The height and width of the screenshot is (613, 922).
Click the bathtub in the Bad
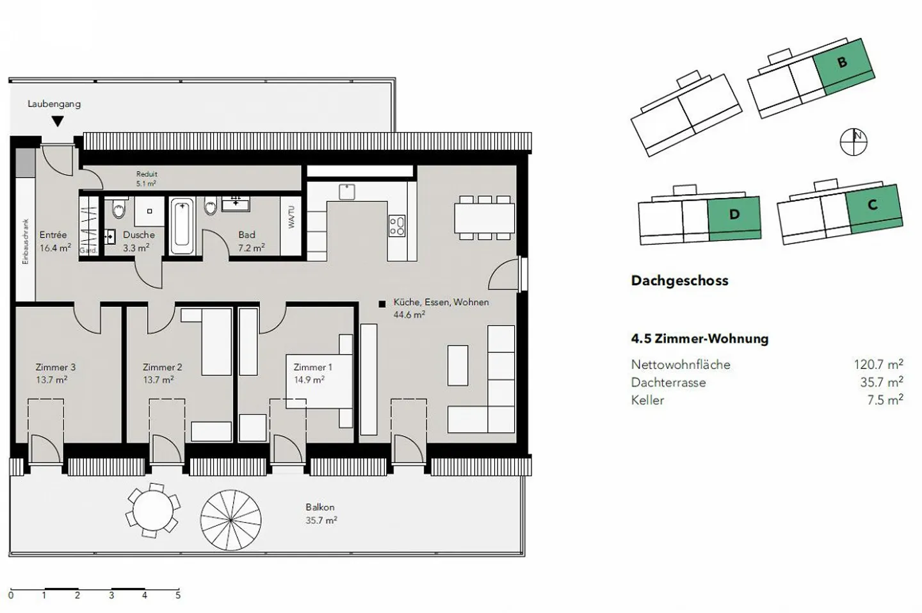point(181,225)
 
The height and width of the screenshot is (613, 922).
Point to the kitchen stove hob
point(397,225)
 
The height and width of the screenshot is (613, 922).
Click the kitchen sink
point(347,192)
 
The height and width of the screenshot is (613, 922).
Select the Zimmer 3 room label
point(55,367)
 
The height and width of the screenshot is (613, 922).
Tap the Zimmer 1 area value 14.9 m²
point(309,379)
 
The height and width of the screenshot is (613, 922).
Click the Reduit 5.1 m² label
point(147,179)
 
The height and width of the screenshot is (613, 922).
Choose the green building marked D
point(734,217)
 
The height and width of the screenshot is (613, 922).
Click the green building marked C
point(873,207)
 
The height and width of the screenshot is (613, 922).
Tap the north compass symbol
point(853,142)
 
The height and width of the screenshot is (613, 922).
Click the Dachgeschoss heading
point(679,281)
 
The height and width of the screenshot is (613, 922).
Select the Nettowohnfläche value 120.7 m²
point(878,364)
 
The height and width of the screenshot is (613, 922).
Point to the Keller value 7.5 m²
point(885,400)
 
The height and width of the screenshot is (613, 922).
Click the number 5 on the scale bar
point(178,595)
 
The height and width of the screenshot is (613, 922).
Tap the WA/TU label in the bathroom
point(291,217)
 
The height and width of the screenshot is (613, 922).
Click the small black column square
point(382,304)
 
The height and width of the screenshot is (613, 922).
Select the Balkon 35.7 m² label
point(321,514)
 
